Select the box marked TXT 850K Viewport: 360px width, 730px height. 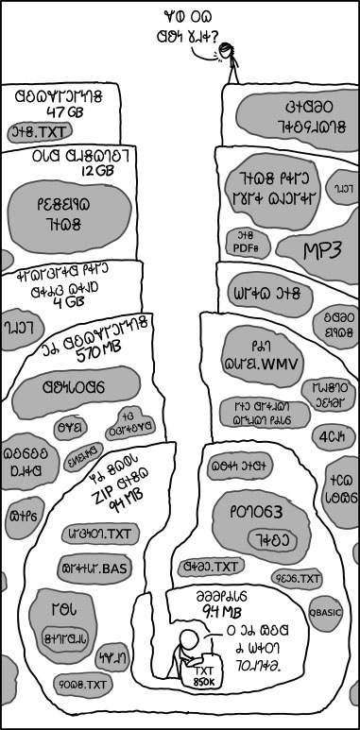204,673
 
